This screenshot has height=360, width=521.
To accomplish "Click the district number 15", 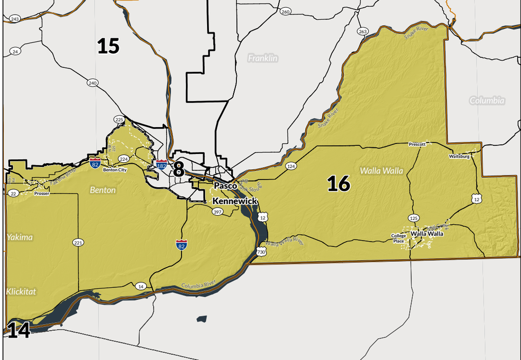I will click(x=108, y=46).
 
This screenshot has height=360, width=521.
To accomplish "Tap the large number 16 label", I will click(x=339, y=184).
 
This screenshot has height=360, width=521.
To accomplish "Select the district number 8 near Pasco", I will click(x=178, y=169).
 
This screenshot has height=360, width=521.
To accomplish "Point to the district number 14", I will click(x=19, y=330).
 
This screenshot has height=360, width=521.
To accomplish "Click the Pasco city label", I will click(x=226, y=186).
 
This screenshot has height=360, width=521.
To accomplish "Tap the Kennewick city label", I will click(x=235, y=201).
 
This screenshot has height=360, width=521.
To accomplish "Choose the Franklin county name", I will click(x=263, y=58).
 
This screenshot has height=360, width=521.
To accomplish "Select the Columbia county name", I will click(x=487, y=101).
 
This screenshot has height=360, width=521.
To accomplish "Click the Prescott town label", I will click(x=417, y=144).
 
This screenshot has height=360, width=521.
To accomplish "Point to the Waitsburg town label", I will click(x=459, y=156).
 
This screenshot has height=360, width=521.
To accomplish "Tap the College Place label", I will click(x=398, y=238).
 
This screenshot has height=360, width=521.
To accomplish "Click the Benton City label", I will click(x=115, y=169).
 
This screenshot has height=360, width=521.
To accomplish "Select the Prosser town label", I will click(x=42, y=193).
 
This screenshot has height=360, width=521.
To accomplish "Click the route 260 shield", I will click(x=286, y=11).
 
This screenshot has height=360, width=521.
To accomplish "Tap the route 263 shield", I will click(x=362, y=31).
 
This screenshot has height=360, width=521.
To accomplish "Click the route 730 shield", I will click(x=261, y=252).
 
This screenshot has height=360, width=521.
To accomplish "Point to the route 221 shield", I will click(x=78, y=242).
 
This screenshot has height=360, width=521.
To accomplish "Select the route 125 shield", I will click(x=414, y=218).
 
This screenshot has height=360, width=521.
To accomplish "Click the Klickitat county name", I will click(x=21, y=291).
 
